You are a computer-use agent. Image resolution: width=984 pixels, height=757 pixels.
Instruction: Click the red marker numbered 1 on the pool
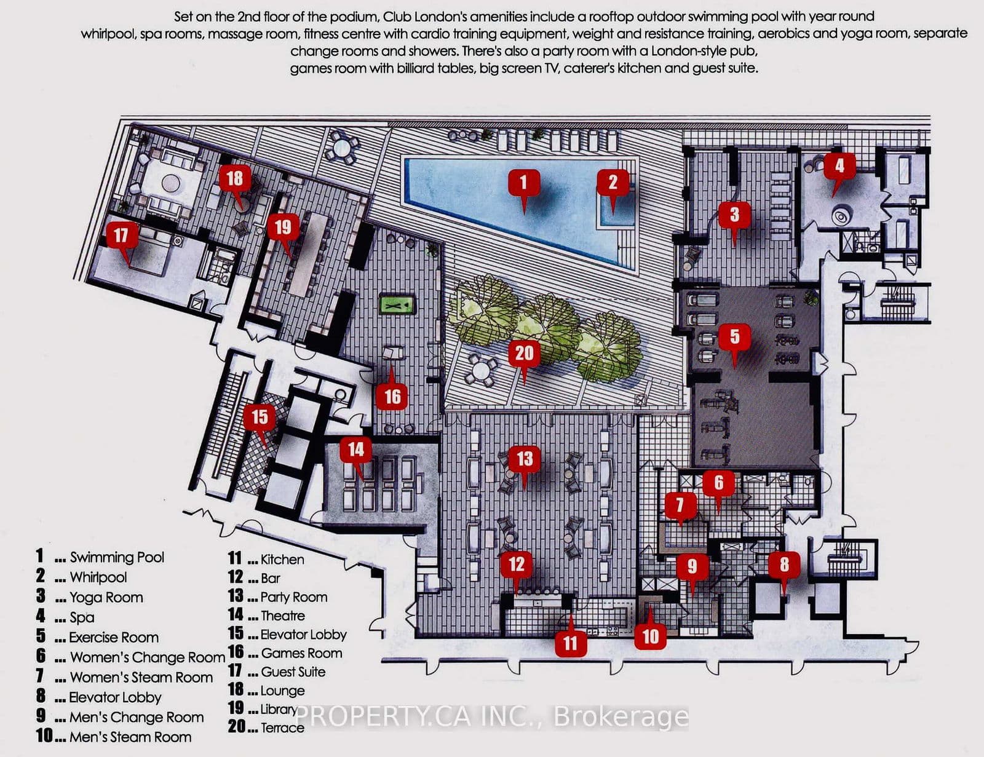pyautogui.click(x=523, y=182)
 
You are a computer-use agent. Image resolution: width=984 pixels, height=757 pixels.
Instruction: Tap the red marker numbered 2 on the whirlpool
pyautogui.click(x=613, y=182)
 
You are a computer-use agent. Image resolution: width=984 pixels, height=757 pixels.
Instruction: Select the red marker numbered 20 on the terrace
pyautogui.click(x=524, y=353)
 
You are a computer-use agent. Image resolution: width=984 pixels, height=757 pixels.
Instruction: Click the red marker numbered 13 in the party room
pyautogui.click(x=525, y=458)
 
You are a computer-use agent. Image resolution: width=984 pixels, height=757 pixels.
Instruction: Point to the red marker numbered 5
pyautogui.click(x=734, y=336)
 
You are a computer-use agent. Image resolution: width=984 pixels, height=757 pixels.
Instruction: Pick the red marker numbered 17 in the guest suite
pyautogui.click(x=121, y=235)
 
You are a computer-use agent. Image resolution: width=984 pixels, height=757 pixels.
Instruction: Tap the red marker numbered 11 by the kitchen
pyautogui.click(x=570, y=643)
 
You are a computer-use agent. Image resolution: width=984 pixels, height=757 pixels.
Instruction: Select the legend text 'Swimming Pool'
pyautogui.click(x=117, y=557)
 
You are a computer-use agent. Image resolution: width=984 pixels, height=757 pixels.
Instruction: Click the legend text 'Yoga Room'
pyautogui.click(x=106, y=597)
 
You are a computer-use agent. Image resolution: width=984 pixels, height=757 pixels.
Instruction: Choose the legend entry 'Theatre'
pyautogui.click(x=282, y=616)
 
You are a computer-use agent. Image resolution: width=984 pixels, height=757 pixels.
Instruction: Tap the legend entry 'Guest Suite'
pyautogui.click(x=293, y=672)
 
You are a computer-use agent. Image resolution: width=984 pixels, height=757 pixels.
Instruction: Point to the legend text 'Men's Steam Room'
pyautogui.click(x=130, y=737)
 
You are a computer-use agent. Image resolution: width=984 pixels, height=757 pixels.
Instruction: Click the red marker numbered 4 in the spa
pyautogui.click(x=839, y=165)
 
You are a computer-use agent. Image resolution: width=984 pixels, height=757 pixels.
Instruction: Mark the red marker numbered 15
pyautogui.click(x=260, y=416)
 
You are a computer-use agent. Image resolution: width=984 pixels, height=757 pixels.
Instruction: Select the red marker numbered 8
pyautogui.click(x=784, y=564)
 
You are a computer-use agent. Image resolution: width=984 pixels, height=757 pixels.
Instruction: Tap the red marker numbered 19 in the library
pyautogui.click(x=282, y=228)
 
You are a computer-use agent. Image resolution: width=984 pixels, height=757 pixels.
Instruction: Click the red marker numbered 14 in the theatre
pyautogui.click(x=356, y=449)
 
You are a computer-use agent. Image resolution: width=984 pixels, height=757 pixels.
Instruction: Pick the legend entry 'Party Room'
pyautogui.click(x=293, y=596)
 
